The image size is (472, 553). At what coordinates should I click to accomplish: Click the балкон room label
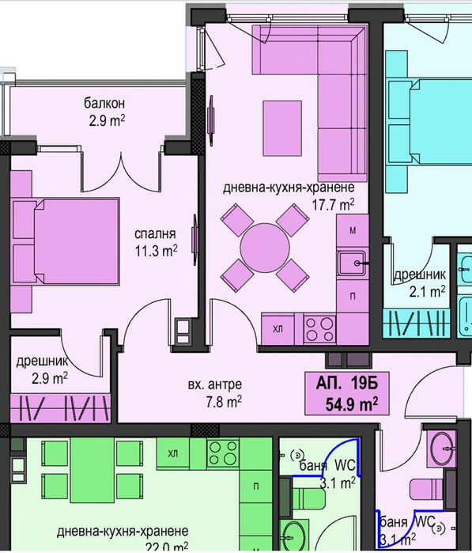[104, 104]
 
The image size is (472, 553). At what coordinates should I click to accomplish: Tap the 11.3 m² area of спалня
[156, 251]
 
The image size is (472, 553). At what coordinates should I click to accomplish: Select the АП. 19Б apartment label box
[347, 392]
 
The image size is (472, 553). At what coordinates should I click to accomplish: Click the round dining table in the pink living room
[265, 248]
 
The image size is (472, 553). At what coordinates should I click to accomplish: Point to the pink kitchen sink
[352, 263]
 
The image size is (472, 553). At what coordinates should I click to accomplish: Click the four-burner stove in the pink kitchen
[319, 329]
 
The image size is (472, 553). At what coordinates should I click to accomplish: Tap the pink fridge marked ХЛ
[278, 329]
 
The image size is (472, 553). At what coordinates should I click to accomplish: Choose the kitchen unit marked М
[353, 231]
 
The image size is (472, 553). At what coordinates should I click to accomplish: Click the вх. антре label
[215, 384]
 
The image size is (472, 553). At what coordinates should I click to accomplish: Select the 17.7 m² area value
[333, 205]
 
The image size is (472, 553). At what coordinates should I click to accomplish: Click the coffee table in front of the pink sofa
[282, 128]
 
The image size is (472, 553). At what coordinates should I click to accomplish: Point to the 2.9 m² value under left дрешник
[50, 379]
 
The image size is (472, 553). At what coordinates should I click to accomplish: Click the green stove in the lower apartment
[223, 453]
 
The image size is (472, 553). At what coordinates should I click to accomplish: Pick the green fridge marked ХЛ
[173, 453]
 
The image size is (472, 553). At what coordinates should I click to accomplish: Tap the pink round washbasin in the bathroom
[441, 449]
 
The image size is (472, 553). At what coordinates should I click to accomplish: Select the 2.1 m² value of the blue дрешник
[427, 292]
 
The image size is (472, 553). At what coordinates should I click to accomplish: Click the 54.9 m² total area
[352, 404]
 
